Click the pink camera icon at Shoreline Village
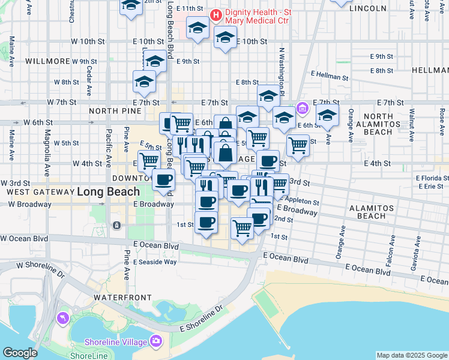[x=157, y=341]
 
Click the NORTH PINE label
[x=114, y=111]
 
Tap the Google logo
[x=20, y=352]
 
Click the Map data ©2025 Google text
[x=412, y=355]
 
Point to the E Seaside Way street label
[x=155, y=262]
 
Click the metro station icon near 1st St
[x=116, y=226]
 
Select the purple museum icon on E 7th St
[x=303, y=109]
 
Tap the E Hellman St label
[x=330, y=77]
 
